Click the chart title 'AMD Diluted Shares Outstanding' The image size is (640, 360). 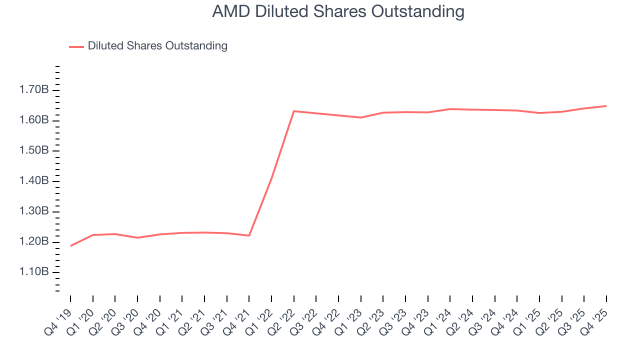pos(338,11)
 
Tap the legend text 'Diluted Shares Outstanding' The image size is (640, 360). pos(157,46)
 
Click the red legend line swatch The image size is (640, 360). pos(76,46)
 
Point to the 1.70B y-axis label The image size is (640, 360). pos(34,90)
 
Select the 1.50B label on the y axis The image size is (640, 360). pos(34,150)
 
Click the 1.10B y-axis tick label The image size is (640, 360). pos(34,272)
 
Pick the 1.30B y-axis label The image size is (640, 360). pos(34,211)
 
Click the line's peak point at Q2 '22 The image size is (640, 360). pos(293,111)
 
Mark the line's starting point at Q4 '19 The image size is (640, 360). pos(70,245)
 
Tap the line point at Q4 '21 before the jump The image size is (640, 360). pos(249,235)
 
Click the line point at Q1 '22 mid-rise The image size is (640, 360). pos(271,177)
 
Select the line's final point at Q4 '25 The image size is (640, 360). pos(606,106)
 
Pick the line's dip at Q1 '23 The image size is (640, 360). pos(360,117)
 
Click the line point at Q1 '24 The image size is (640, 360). pos(450,109)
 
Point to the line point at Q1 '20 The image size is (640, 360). pos(92,235)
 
